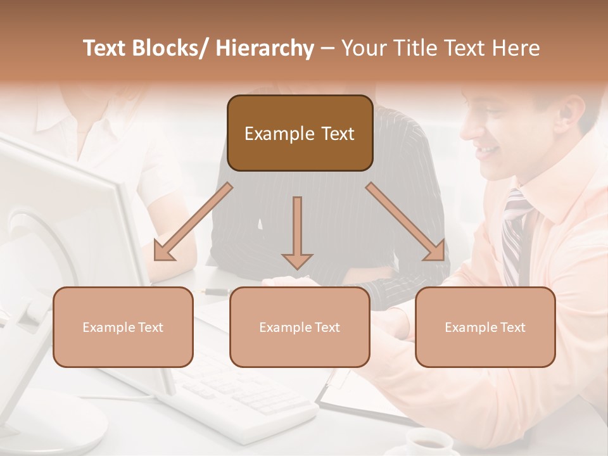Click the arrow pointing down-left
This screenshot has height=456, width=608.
point(193,222)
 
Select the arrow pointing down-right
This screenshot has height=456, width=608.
point(405,222)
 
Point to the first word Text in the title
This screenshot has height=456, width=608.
point(105,48)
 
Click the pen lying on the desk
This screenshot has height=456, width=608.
point(215,291)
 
